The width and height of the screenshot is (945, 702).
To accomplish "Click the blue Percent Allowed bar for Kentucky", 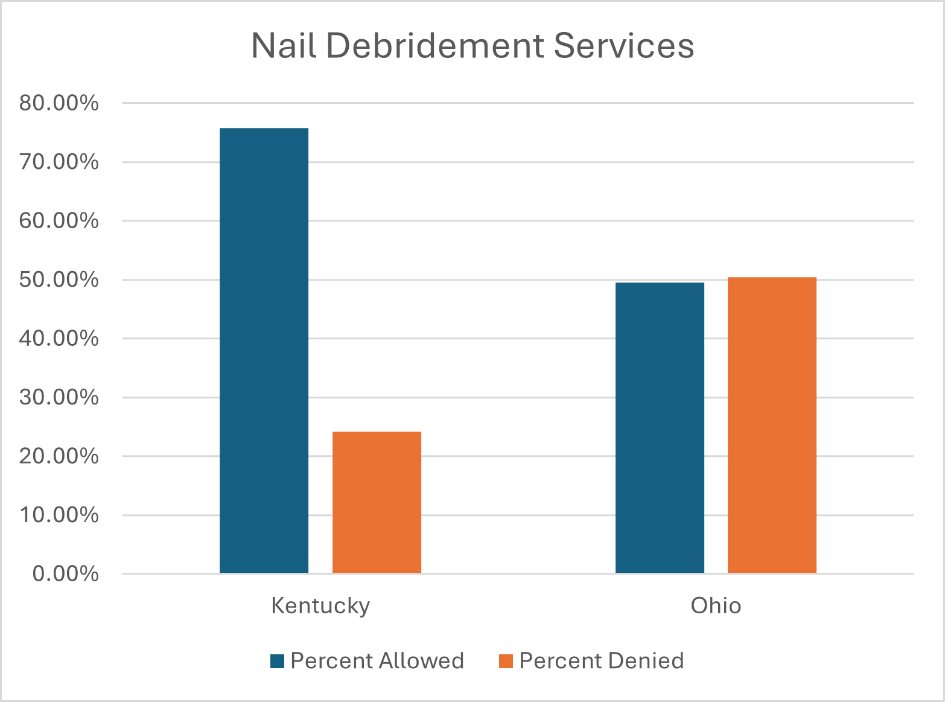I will pos(264,350).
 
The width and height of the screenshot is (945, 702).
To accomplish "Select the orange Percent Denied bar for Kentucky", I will pos(377,502).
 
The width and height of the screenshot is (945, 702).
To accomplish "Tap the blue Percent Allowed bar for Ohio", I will pos(660,427).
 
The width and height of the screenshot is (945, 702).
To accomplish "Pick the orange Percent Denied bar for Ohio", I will pos(772,425).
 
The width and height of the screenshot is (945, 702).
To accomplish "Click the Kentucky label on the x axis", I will pos(320,605).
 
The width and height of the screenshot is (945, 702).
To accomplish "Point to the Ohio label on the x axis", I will pos(716,605).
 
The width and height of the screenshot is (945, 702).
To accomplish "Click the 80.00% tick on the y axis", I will pos(59,103).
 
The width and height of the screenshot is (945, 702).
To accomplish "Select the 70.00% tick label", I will pos(59,162).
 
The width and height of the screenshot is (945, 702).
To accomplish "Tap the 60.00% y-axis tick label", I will pos(59,221).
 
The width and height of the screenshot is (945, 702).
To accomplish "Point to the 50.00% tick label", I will pos(59,279).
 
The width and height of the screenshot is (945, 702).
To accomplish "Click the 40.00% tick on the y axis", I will pos(59,339).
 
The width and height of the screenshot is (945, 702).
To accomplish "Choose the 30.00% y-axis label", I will pos(59,397).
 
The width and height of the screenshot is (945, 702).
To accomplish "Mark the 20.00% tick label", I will pos(59,456).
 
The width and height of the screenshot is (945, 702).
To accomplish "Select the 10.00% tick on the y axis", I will pos(59,515).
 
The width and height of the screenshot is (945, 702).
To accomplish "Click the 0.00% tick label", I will pos(65,573).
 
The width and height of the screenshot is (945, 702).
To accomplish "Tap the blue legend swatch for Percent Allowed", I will pos(277,662).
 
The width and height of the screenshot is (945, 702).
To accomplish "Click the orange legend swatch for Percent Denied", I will pos(506,662).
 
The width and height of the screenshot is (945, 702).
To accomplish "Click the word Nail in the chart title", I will pos(284,46).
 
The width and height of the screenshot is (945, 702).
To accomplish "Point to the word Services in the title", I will pos(624,46).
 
